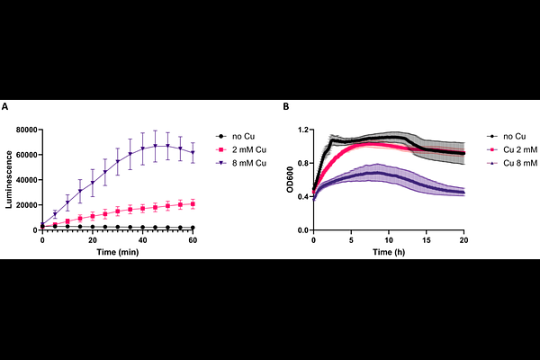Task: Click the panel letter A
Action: tap(5, 107)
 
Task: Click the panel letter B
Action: tap(286, 107)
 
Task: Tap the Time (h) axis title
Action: tap(389, 254)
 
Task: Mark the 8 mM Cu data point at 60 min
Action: tap(193, 153)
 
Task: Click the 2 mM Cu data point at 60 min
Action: tap(193, 203)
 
